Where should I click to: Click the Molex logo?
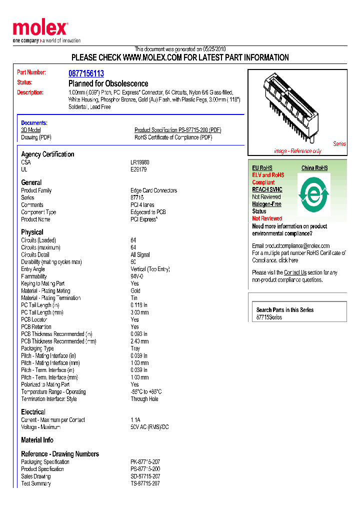coord(40,29)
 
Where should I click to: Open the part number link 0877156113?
coord(86,73)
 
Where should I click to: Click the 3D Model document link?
coord(30,130)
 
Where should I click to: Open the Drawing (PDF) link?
coord(36,137)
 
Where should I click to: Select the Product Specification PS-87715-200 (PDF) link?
coord(177,130)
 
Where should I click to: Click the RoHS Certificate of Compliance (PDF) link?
coord(173,137)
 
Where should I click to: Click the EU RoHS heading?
coord(262,168)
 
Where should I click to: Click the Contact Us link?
coord(295,272)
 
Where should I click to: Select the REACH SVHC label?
coord(267,189)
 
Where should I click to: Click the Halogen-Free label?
coord(266,204)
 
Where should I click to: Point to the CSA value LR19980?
coord(140,162)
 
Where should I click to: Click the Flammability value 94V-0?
coord(136,276)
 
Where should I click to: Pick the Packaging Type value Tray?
coord(135,348)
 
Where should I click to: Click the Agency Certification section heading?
coord(47,154)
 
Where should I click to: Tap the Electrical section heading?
coord(33,412)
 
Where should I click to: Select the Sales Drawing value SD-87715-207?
coord(145,476)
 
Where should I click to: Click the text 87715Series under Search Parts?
coord(269,317)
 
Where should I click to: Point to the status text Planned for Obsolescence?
coord(108,83)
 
